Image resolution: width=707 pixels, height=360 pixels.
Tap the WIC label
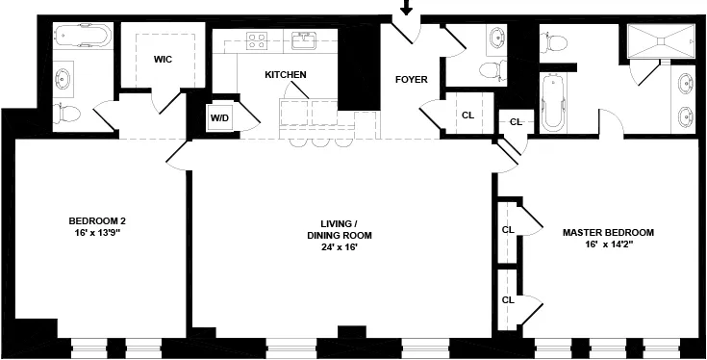(164, 59)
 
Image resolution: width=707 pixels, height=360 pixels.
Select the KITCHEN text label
(286, 74)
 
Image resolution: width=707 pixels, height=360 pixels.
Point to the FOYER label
(411, 79)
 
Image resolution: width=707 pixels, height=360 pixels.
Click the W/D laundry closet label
(219, 117)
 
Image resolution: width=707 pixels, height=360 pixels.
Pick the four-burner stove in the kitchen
(258, 40)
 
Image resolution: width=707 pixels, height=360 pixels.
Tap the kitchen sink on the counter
(305, 40)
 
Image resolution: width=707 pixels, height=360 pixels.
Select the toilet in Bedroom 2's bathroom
(67, 114)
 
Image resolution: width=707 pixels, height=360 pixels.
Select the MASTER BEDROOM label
(608, 232)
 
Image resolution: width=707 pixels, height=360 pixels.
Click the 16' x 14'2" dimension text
(608, 244)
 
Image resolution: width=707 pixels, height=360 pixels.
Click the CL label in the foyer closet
(467, 116)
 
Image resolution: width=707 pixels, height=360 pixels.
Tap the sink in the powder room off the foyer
(498, 38)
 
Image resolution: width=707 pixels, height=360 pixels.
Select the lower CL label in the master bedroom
(507, 299)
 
